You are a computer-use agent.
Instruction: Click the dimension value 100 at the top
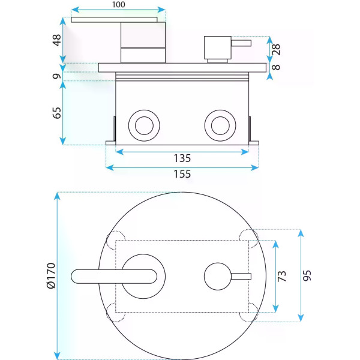(x=119, y=4)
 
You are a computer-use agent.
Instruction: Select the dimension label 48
(x=56, y=40)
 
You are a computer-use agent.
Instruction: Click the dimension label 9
(x=56, y=76)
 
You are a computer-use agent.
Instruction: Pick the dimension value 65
(x=56, y=113)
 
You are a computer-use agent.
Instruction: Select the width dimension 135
(x=182, y=158)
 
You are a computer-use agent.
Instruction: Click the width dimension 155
(x=182, y=174)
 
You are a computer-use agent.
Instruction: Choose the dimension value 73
(x=282, y=276)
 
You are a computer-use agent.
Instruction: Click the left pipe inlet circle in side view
(x=143, y=125)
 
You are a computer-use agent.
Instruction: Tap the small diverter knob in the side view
(x=217, y=47)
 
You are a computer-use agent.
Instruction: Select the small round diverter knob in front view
(x=217, y=276)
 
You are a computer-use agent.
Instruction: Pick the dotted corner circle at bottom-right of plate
(x=248, y=311)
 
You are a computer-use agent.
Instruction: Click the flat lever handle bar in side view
(x=118, y=20)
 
